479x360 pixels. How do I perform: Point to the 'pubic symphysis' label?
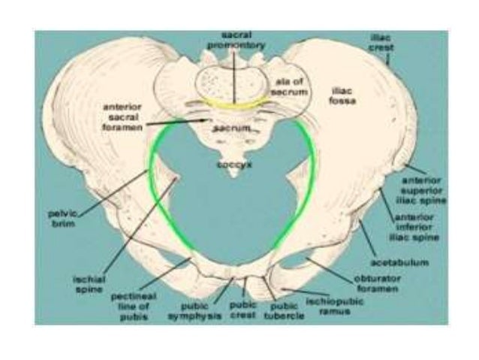pos(199,312)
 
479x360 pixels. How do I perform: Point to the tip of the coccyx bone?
pos(236,175)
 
